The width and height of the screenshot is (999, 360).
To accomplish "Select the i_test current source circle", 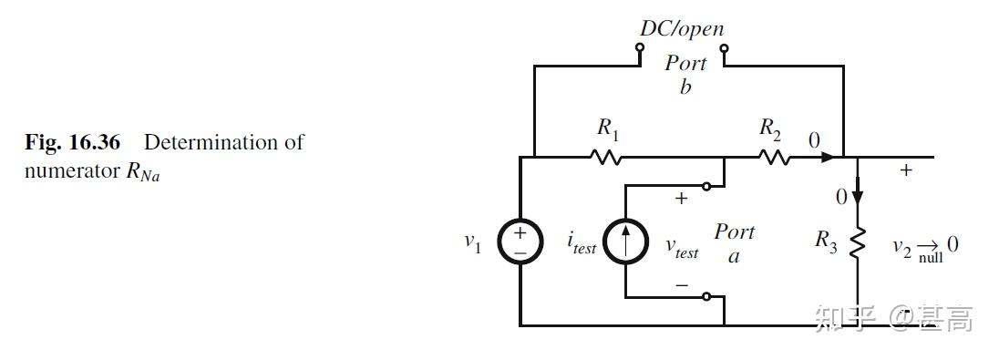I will coord(625,242).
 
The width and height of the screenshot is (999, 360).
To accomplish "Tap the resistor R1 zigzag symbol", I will coord(606,157).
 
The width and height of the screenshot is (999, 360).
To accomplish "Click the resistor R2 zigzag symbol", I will coord(772,157).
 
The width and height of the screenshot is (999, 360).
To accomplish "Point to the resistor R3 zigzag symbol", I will coord(857,242).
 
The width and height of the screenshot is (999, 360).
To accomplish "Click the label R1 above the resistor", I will coord(608,129).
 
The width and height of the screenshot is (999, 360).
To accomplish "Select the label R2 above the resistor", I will coord(770,129).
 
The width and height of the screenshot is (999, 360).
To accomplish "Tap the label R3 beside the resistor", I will coord(826,242).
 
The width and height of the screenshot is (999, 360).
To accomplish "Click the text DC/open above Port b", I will coord(681,28).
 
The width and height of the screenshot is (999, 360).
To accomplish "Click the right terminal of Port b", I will coord(723,49).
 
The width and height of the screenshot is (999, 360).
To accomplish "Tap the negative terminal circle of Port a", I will coord(706,296).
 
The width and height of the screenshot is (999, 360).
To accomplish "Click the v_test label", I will coord(682,248).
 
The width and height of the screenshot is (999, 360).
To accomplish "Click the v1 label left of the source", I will coord(472,242).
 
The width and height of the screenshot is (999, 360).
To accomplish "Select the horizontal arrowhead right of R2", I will coord(827,157).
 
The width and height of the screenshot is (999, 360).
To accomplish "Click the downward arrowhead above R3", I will coord(857,187).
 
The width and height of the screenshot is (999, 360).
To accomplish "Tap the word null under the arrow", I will coord(931,258).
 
